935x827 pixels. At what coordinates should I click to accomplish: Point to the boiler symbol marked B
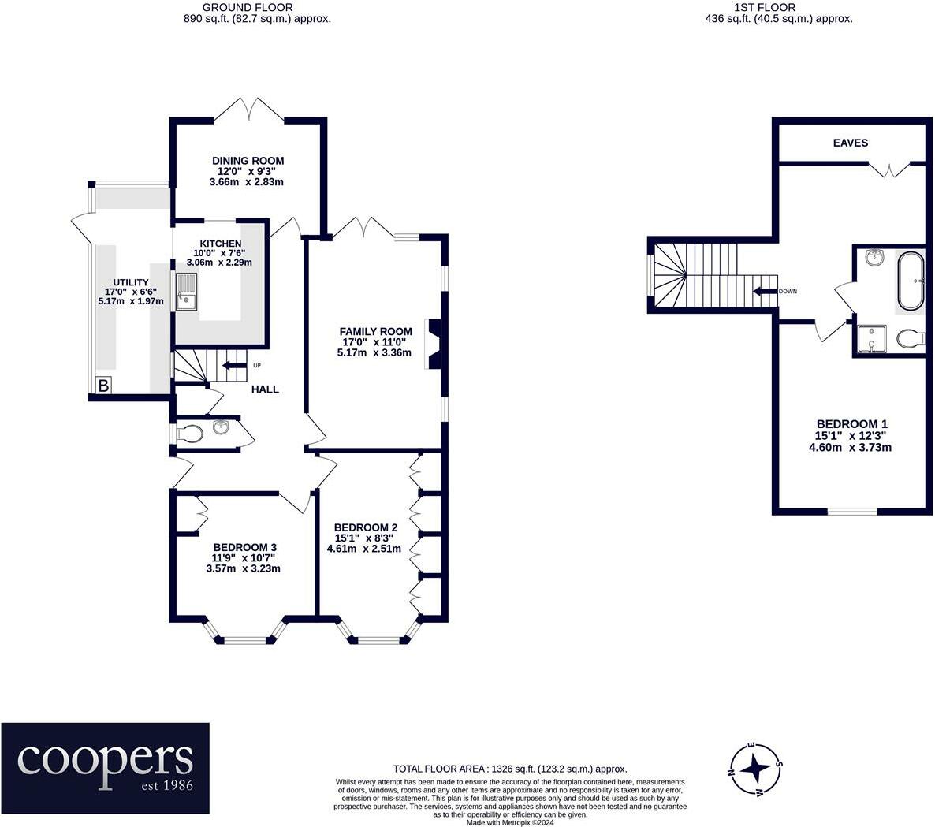104,386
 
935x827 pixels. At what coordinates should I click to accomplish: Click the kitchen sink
187,292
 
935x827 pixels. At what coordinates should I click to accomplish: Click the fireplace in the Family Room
434,344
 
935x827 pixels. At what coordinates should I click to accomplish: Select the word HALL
265,389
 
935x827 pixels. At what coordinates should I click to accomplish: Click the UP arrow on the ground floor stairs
233,366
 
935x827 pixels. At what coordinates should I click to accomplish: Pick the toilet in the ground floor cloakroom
191,434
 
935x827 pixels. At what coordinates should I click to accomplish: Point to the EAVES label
851,143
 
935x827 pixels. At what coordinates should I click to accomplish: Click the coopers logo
105,768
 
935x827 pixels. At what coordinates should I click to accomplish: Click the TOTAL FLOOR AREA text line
510,769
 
